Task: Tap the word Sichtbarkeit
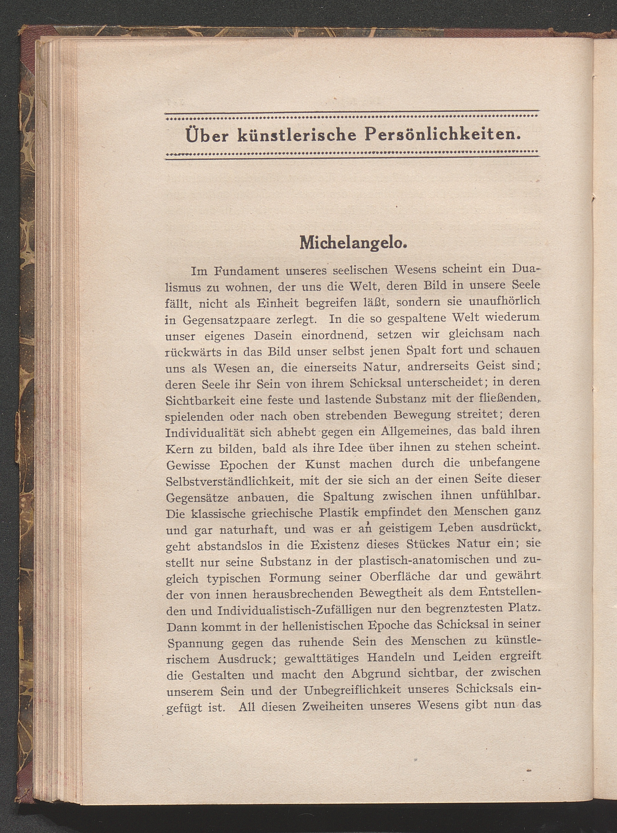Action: [x=200, y=401]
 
